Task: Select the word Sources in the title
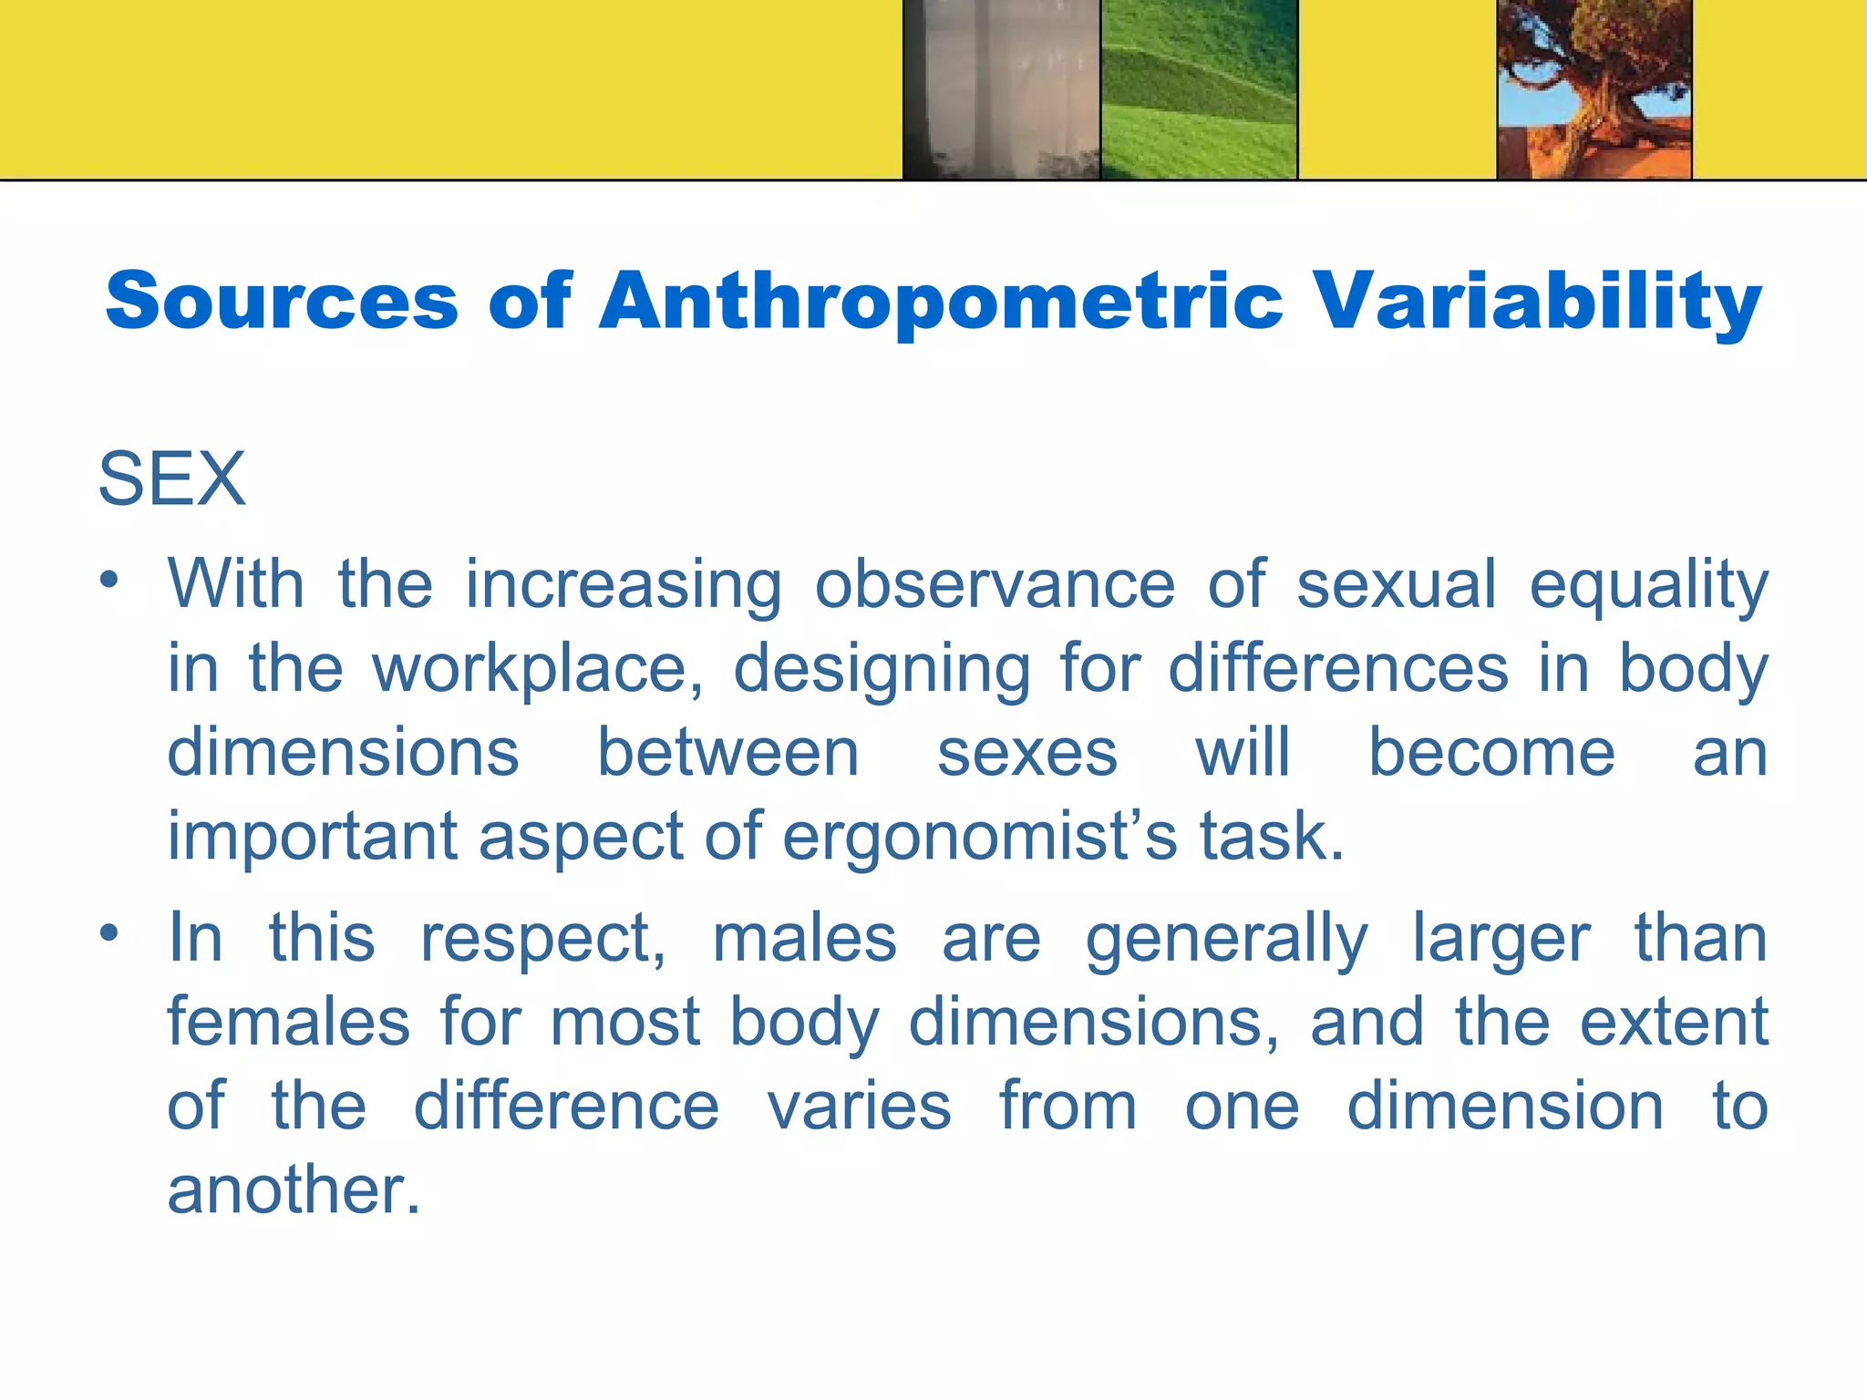point(282,302)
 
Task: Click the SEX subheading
point(172,479)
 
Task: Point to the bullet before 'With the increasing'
point(109,581)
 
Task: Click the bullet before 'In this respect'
point(109,932)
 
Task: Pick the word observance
point(995,584)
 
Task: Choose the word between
point(728,754)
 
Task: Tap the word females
point(289,1022)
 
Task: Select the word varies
point(859,1107)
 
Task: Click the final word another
point(294,1190)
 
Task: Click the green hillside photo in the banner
point(1199,88)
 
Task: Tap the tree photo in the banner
point(1594,88)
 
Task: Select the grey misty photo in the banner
point(1001,88)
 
